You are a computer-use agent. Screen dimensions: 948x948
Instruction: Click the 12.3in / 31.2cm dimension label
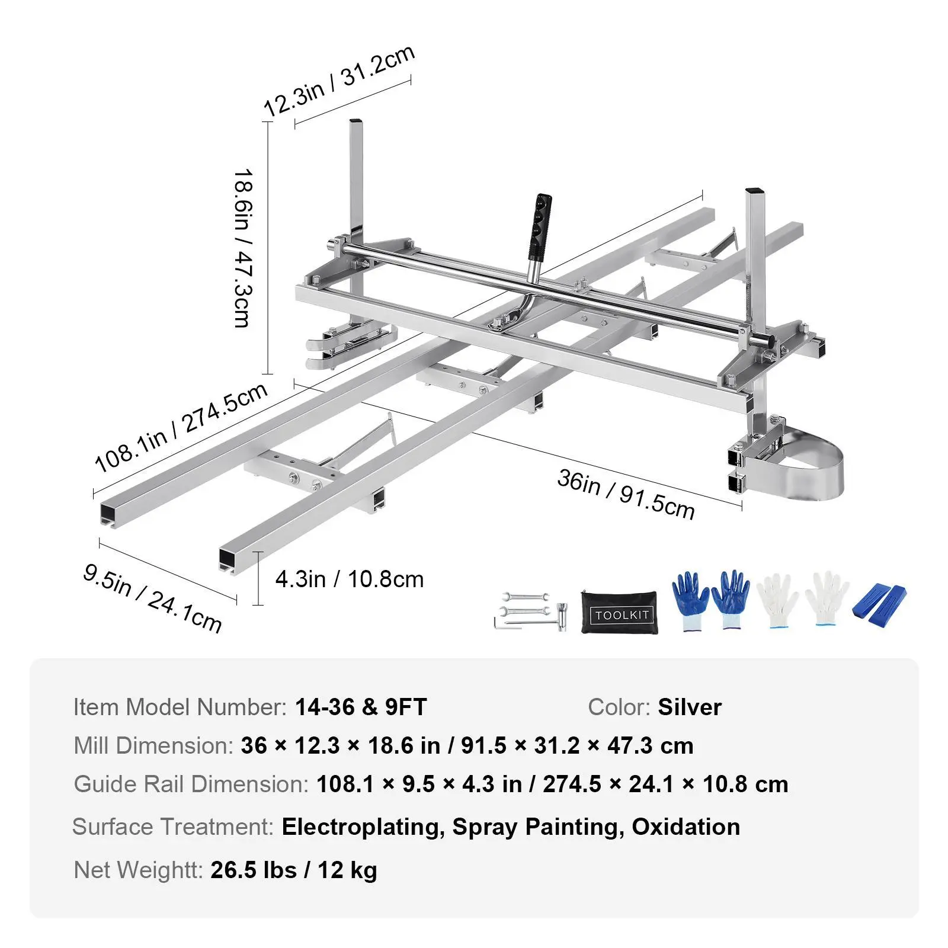[338, 81]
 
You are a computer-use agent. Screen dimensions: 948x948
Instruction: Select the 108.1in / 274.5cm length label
[181, 428]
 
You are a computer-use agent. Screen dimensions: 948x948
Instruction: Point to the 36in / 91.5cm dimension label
[626, 494]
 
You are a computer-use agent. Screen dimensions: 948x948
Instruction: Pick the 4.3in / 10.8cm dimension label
[350, 579]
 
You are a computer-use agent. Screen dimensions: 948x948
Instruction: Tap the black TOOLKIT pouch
[619, 612]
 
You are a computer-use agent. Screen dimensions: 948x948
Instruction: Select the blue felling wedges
[879, 606]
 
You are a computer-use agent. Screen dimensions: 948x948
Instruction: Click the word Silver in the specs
[690, 707]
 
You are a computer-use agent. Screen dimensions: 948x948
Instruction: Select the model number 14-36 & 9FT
[361, 707]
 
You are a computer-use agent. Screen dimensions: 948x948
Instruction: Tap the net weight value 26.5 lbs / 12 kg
[294, 870]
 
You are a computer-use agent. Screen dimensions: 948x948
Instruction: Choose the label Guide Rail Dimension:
[191, 784]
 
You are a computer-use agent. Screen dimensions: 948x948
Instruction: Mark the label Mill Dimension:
[153, 746]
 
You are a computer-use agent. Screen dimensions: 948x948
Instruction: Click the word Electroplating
[363, 827]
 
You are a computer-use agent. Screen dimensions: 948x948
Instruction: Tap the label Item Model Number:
[180, 707]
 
